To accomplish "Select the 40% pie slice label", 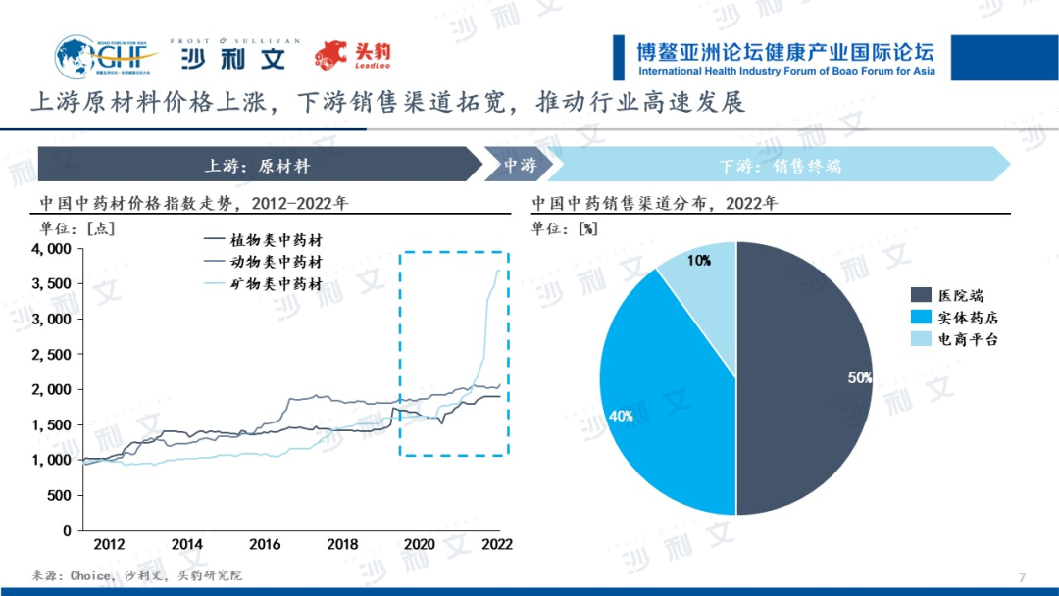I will [x=621, y=416].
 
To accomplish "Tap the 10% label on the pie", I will [x=699, y=261].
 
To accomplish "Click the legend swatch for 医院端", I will [x=921, y=295].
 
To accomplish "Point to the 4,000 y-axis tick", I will [x=53, y=249].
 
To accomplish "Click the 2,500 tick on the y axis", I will [x=53, y=354].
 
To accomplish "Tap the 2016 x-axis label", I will [x=265, y=544].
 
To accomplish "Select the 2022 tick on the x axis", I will [x=497, y=544].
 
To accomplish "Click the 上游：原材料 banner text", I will [x=257, y=166].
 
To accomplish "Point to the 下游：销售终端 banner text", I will [x=780, y=166].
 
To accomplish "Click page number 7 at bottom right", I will [x=1022, y=576].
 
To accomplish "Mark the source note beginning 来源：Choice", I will [x=136, y=576].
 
